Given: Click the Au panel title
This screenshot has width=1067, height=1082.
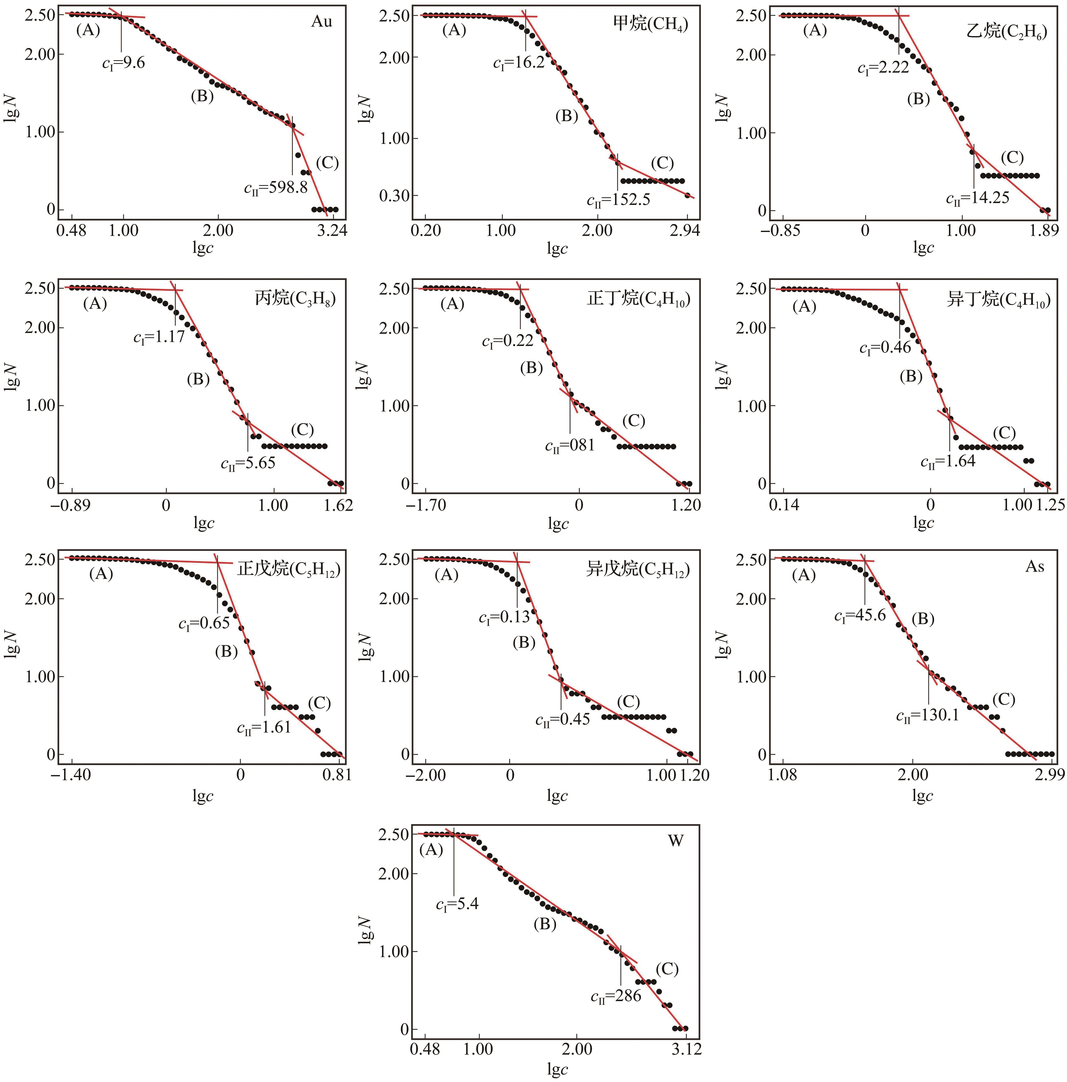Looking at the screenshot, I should pyautogui.click(x=322, y=22).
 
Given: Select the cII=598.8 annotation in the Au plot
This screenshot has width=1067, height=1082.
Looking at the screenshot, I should pyautogui.click(x=276, y=188).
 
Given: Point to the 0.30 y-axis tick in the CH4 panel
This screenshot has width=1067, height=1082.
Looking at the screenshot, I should pyautogui.click(x=394, y=196).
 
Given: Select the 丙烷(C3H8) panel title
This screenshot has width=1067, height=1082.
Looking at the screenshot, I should pyautogui.click(x=295, y=299).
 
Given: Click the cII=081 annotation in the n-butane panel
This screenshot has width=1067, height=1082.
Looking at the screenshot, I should pyautogui.click(x=569, y=446).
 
